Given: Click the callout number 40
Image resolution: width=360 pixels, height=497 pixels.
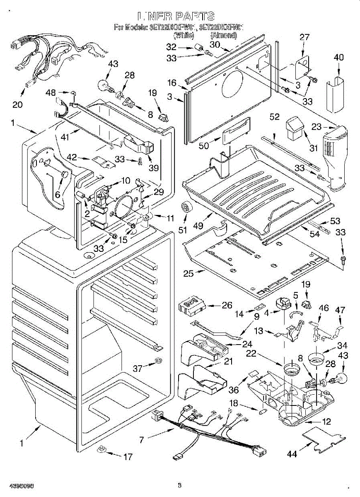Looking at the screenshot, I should [x=339, y=58].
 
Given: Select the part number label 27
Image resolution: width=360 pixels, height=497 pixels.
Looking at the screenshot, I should [x=304, y=37].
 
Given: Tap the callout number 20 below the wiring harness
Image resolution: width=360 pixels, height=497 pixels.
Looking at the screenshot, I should [x=17, y=104].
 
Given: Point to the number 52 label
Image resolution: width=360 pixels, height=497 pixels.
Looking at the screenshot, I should [x=274, y=117].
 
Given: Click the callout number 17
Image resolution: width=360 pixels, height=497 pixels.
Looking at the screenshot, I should [x=128, y=457].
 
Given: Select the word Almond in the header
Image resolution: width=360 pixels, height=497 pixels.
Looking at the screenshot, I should [x=224, y=36].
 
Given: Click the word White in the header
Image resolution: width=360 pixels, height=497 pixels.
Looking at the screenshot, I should [x=183, y=36].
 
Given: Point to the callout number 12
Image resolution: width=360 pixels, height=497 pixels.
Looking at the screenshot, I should [x=326, y=422].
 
